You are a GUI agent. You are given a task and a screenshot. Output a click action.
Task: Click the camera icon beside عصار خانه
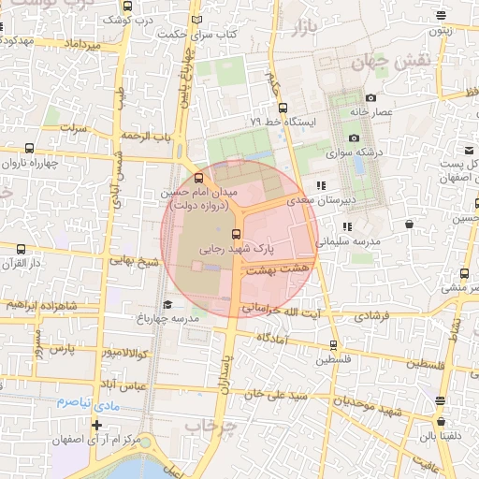click(371, 97)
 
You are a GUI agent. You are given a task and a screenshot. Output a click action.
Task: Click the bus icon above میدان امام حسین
click(198, 178)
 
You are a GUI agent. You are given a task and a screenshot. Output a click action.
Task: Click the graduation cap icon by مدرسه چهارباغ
click(167, 304)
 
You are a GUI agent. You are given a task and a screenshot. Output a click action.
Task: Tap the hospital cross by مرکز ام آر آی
click(96, 426)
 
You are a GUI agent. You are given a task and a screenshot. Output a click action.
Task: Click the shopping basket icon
click(410, 223)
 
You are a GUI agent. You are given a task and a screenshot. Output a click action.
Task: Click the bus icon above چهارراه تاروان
click(30, 148)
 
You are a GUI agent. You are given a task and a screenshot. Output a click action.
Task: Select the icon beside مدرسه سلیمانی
click(348, 226)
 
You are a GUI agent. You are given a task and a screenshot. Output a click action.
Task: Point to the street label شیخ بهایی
click(131, 262)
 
